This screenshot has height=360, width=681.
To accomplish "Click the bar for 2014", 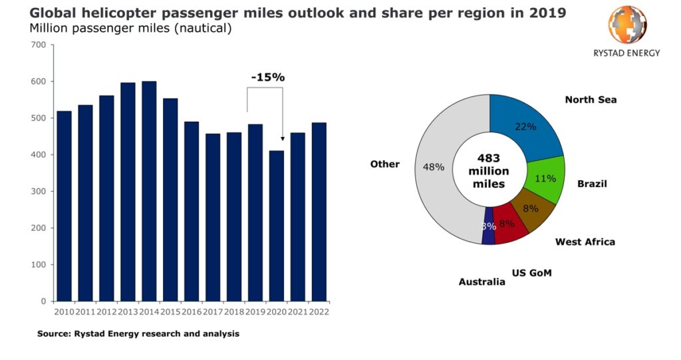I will point(149,191).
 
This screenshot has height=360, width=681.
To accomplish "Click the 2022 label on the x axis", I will point(319,311).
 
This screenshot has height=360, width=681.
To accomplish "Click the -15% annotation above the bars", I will point(267,77).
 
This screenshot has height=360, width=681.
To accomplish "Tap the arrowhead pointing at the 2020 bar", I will point(282,138).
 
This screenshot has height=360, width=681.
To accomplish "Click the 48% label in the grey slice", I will point(434,168).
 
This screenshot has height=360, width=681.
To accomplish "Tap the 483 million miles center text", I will point(489,171).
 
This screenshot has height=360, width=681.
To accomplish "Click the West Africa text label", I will point(585,242).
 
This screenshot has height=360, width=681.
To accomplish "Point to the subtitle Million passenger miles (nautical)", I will point(131,29).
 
